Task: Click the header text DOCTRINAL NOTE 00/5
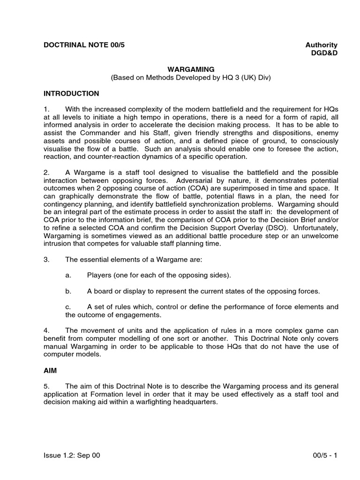pos(84,45)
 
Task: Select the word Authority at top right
pos(321,45)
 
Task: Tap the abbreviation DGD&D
pos(324,53)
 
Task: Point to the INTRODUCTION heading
pos(71,94)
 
